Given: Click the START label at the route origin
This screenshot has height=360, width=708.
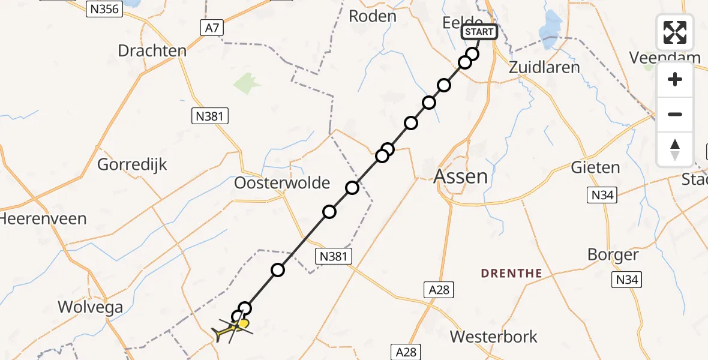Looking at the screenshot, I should click(x=479, y=32).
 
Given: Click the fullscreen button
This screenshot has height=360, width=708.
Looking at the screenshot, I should click(x=675, y=32).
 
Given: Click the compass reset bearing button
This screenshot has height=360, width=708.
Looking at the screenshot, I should click(x=675, y=149).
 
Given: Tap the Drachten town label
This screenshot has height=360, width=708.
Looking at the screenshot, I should click(x=152, y=51).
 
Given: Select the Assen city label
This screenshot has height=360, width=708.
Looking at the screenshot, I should click(x=460, y=176).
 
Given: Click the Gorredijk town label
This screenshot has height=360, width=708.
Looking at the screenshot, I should click(x=132, y=164).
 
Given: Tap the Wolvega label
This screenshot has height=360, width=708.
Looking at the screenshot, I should click(x=90, y=308).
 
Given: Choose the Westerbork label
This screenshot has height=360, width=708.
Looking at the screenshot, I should click(x=494, y=337).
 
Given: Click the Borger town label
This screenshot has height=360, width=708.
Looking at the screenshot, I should click(x=613, y=255).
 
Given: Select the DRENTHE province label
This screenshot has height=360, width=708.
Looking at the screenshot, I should click(x=511, y=274).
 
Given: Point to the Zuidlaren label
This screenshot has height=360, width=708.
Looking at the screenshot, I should click(x=544, y=67).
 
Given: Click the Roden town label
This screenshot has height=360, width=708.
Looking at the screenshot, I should click(x=373, y=16).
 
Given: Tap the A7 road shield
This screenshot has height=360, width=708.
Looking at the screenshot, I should click(x=211, y=26).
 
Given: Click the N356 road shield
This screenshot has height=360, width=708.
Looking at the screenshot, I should click(x=104, y=8).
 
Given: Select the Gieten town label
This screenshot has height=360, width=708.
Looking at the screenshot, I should click(x=595, y=167).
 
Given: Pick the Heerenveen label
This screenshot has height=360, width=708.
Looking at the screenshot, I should click(x=43, y=218).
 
